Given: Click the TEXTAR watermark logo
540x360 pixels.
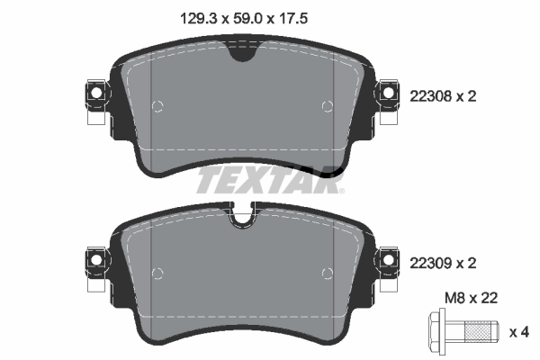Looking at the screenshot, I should coord(269,181).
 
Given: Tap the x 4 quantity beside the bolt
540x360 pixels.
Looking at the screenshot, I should coord(519,332).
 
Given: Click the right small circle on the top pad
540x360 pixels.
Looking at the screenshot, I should coord(328,106).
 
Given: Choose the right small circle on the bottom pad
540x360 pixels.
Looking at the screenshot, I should coord(328,273).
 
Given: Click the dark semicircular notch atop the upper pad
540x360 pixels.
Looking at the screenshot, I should coord(242,54).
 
